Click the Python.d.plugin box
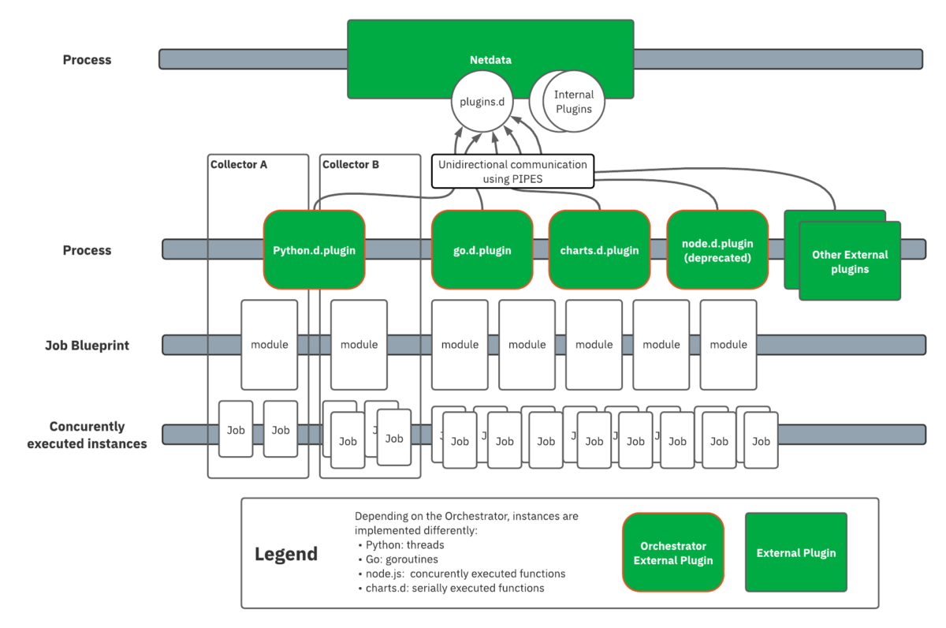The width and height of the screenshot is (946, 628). click(x=314, y=250)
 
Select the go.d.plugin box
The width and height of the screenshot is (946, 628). click(x=482, y=250)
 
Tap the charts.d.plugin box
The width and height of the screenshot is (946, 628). click(x=599, y=250)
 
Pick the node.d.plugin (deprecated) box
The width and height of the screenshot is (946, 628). click(x=717, y=250)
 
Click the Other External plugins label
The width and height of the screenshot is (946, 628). click(x=849, y=262)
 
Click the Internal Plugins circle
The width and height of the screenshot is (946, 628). click(x=573, y=102)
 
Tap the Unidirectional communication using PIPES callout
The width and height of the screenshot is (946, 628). click(x=512, y=171)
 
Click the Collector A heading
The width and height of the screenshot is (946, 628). click(x=239, y=164)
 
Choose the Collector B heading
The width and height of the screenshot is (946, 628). click(x=351, y=164)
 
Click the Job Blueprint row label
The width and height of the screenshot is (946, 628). click(x=88, y=345)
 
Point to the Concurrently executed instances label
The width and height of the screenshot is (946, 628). click(x=87, y=435)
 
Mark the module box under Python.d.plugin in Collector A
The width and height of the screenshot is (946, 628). click(x=270, y=345)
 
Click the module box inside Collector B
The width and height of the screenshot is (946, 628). click(x=359, y=345)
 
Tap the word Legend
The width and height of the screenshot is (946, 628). click(x=286, y=554)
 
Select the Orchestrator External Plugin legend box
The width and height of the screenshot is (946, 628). click(x=673, y=553)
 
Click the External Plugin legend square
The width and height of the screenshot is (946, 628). click(x=796, y=553)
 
